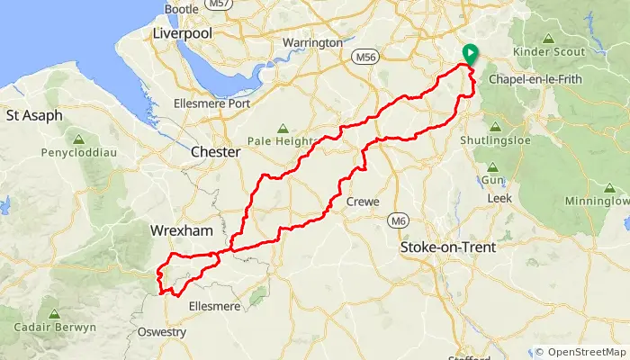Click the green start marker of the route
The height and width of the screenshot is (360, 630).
coord(469,54)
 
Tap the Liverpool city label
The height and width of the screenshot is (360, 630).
coord(182,32)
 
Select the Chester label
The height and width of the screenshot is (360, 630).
coord(216,153)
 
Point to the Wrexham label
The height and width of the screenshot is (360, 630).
coord(183,231)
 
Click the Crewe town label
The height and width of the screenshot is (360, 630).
coord(363,202)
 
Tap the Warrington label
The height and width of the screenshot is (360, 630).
coord(313,42)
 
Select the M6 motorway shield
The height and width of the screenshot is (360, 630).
coord(399,220)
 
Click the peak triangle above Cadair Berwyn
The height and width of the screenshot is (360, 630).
coord(54,313)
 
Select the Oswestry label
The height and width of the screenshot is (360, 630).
coord(162,332)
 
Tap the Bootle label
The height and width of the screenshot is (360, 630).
coord(182,9)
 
